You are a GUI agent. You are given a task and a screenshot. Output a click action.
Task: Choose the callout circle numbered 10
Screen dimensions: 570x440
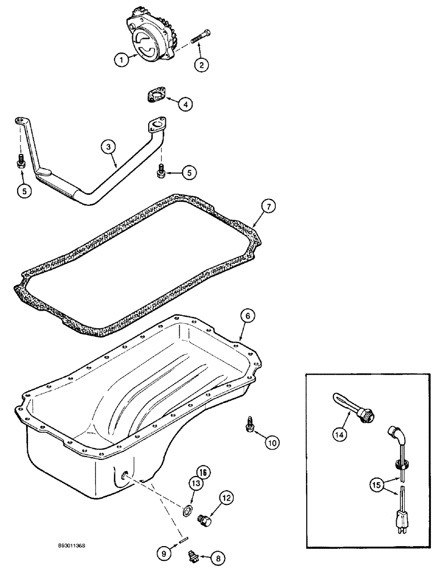272,441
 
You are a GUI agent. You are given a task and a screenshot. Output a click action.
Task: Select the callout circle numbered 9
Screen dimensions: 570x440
163,552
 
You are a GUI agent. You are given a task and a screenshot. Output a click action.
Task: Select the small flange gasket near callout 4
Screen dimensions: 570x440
153,95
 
